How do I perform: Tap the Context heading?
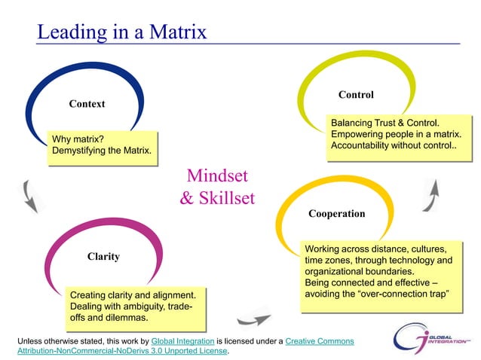click(x=87, y=103)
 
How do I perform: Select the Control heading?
click(x=356, y=95)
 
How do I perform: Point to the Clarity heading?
click(x=103, y=256)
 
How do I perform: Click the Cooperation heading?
click(x=336, y=214)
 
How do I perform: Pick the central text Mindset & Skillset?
click(x=217, y=188)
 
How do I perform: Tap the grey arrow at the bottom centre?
click(x=253, y=317)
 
